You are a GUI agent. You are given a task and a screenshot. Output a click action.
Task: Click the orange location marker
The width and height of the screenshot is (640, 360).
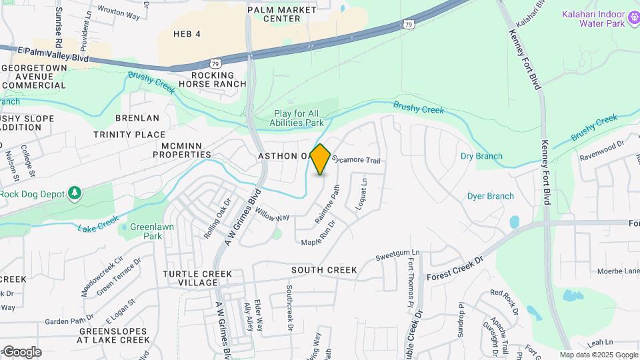click(321, 159)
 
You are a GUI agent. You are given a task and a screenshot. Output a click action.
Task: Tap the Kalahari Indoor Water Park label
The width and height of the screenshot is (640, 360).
click(593, 19)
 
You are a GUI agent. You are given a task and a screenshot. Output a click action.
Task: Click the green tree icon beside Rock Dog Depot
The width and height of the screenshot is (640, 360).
click(75, 194)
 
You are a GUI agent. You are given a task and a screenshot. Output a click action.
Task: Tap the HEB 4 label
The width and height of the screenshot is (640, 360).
click(187, 34)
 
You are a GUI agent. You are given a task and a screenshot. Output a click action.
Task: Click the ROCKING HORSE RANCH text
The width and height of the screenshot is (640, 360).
click(218, 79)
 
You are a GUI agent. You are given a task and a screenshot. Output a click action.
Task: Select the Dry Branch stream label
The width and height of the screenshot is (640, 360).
click(481, 156)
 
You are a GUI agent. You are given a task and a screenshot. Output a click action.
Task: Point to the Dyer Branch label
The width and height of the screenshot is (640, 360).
click(490, 196)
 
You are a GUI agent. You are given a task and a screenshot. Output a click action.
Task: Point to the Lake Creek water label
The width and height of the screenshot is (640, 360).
click(98, 223)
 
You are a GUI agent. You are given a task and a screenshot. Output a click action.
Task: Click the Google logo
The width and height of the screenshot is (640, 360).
click(21, 351)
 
